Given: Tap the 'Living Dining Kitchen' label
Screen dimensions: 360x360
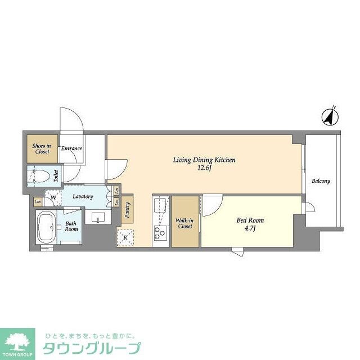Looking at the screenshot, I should click(x=204, y=160).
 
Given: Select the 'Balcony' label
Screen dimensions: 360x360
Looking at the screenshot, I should click(x=321, y=181).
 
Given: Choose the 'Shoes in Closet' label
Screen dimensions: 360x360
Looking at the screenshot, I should click(x=41, y=148).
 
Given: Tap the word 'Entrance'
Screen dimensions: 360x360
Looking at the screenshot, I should click(x=72, y=149).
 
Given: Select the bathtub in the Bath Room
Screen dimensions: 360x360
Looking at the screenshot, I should click(x=46, y=228).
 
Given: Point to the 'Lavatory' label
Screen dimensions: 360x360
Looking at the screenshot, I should click(x=82, y=196).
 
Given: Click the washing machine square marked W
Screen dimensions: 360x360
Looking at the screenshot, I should click(x=54, y=197).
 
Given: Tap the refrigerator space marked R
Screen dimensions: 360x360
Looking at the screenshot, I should click(x=125, y=238).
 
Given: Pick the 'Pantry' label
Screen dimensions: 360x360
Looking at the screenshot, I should click(x=127, y=209).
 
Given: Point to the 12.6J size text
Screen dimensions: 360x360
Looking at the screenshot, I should click(x=204, y=168).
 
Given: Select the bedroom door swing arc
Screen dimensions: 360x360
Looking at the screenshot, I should click(x=211, y=206).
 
